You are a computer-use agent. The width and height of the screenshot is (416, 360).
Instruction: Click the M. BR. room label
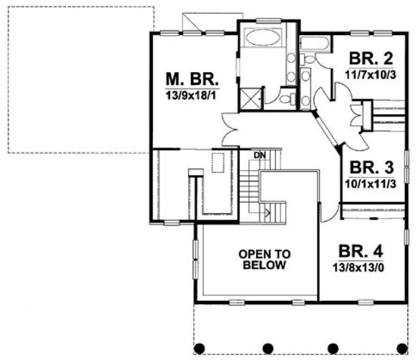191,79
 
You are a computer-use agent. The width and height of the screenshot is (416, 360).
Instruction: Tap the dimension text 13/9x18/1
191,94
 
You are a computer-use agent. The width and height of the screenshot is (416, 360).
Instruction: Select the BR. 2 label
370,59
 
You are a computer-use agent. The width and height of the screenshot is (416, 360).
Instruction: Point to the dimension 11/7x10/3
370,74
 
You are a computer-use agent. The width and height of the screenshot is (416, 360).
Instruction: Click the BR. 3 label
370,168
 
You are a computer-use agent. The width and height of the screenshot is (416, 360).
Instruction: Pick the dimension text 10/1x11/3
370,183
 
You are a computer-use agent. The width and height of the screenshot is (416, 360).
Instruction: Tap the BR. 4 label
361,252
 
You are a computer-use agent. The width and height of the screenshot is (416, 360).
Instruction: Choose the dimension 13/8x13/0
361,267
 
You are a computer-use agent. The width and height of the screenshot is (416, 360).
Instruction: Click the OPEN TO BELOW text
265,259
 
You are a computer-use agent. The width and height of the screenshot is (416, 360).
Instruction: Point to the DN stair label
260,155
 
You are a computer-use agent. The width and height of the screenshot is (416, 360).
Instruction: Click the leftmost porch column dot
200,348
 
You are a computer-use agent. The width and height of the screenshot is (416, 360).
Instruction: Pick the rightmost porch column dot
401,348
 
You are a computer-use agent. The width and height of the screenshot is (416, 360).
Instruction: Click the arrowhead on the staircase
266,213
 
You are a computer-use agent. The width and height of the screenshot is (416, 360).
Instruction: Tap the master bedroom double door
231,129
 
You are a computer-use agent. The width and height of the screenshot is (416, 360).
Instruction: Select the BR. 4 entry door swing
327,213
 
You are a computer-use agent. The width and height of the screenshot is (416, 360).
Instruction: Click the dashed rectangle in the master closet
218,163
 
